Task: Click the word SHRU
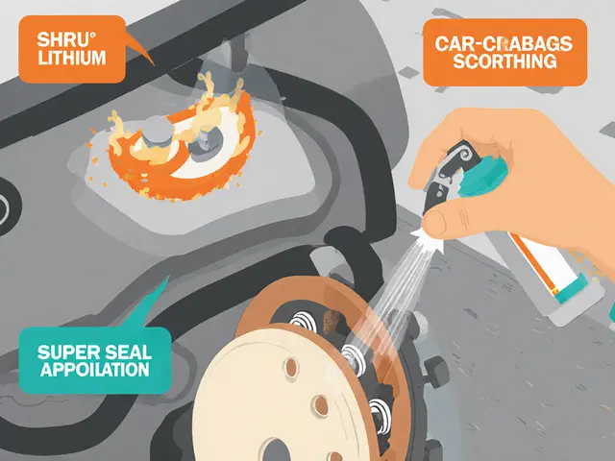[x=63, y=40]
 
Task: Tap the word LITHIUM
[x=72, y=58]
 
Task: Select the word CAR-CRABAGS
[x=504, y=44]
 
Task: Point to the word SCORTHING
[x=504, y=61]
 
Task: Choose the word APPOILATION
[x=94, y=370]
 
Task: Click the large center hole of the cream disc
[x=276, y=450]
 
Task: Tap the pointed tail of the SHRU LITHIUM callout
[x=153, y=64]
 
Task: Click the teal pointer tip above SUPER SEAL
[x=169, y=276]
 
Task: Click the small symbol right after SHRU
[x=92, y=35]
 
